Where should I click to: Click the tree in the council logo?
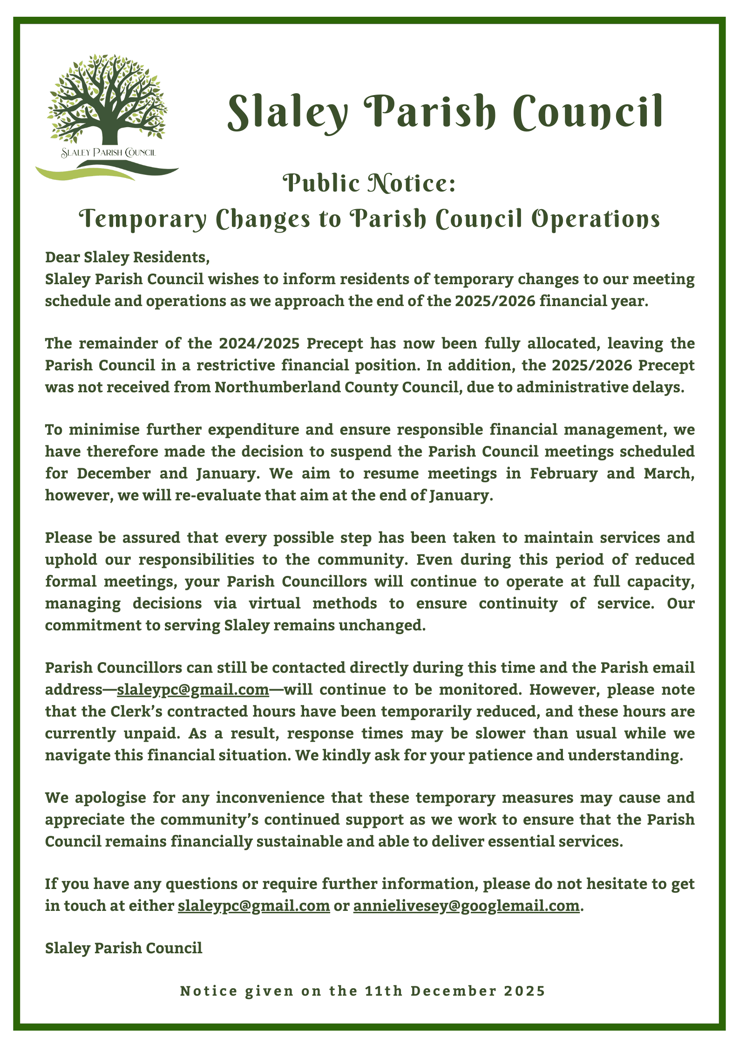point(107,100)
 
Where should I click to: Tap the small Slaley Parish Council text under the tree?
point(108,152)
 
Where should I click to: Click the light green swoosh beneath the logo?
point(79,173)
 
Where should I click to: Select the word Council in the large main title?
point(588,113)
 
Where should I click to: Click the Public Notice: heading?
point(369,183)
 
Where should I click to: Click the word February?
point(563,473)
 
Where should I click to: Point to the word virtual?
point(274,603)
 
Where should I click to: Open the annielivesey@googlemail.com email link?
point(466,906)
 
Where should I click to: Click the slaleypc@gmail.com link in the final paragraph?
point(254,906)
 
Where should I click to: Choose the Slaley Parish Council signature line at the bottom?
point(123,948)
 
